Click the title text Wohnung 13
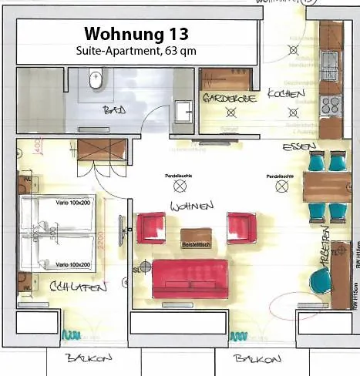[x=136, y=34]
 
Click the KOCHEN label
[x=282, y=93]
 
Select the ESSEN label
[x=298, y=146]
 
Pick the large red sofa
[x=190, y=277]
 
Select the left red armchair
[x=150, y=228]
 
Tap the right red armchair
[x=241, y=227]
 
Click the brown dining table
[x=327, y=186]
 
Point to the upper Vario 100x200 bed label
[x=72, y=202]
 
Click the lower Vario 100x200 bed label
[x=72, y=264]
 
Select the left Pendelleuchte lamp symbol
[x=180, y=186]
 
